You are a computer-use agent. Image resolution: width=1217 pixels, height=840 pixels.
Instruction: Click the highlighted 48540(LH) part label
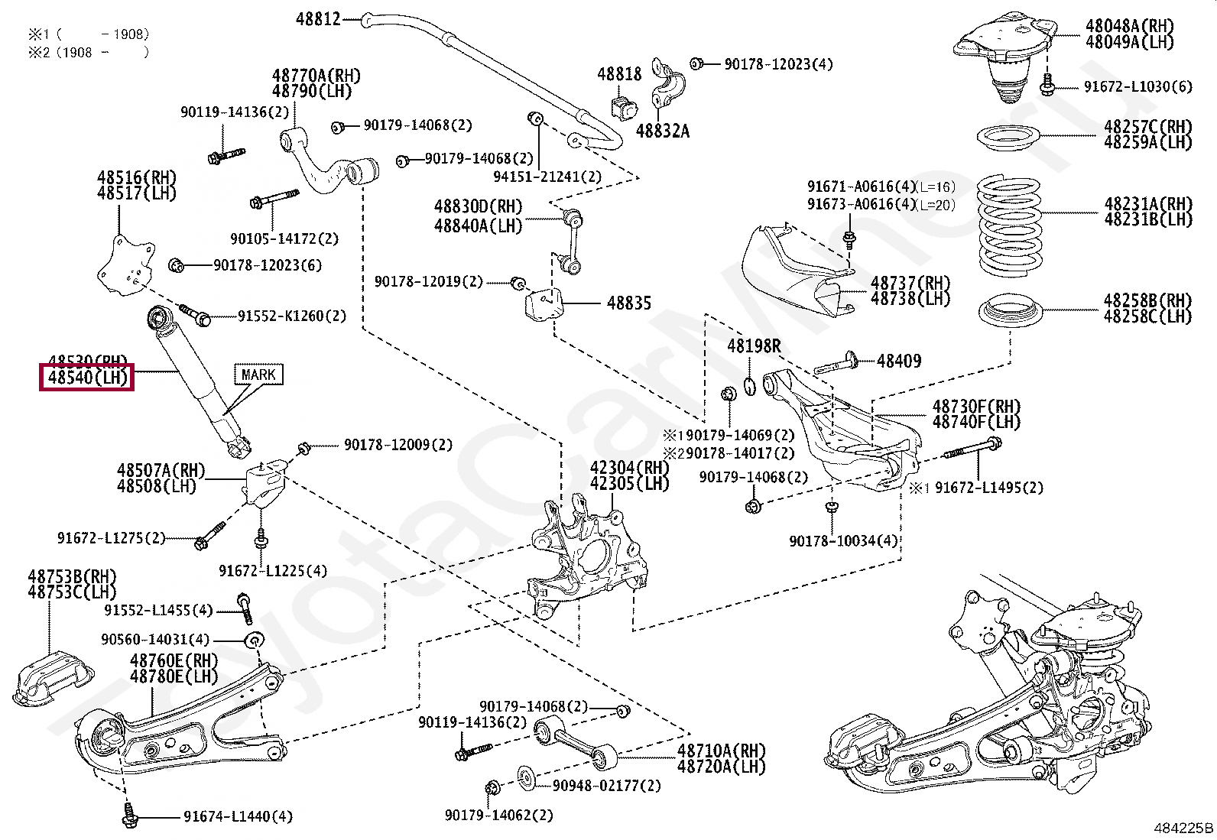87,377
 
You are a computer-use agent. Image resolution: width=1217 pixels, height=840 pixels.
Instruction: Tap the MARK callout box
258,375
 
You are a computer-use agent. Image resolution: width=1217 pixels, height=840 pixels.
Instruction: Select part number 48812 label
318,18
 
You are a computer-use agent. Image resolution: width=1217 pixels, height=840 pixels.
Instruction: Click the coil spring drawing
1010,226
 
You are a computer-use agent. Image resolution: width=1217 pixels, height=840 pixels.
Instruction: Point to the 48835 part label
629,303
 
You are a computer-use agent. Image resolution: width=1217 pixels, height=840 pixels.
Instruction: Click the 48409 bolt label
899,361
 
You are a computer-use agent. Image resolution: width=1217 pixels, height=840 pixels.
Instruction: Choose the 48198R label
754,346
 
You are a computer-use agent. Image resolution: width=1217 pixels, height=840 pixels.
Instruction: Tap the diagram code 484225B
1183,828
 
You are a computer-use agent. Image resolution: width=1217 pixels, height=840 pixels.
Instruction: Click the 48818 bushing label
619,74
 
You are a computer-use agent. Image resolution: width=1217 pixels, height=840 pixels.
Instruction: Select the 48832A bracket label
662,131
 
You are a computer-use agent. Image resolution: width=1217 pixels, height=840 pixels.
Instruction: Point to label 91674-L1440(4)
238,817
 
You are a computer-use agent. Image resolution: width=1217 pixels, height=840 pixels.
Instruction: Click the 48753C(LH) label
72,592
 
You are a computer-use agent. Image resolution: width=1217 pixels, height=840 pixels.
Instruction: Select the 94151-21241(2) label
547,177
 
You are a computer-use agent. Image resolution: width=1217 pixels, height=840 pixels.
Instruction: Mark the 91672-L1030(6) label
1137,86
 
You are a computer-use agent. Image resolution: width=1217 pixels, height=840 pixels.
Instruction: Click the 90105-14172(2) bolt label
284,238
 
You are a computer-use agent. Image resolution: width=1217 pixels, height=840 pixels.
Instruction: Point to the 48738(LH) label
910,299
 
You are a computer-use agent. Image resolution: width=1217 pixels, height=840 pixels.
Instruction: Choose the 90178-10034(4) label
843,541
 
